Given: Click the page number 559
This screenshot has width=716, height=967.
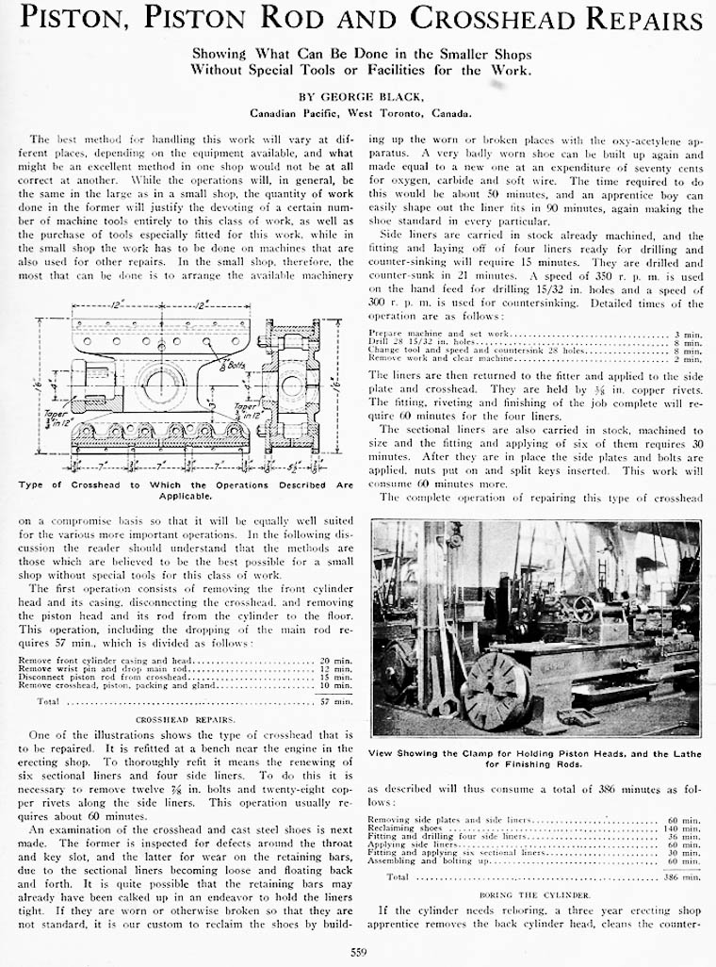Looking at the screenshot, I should click(358, 951).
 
